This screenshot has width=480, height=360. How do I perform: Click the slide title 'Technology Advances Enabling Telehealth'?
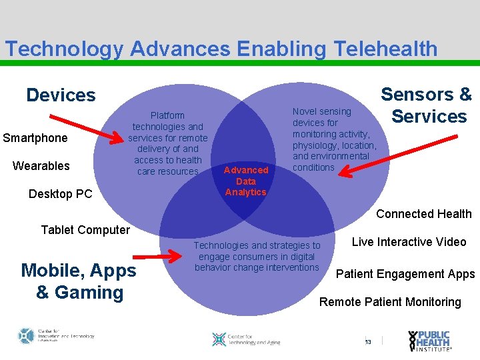(221, 49)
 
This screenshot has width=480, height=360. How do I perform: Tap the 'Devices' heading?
(61, 95)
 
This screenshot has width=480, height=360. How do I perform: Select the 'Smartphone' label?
(35, 138)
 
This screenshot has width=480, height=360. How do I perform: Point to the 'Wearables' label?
(41, 165)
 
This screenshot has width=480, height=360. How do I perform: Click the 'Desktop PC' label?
(60, 194)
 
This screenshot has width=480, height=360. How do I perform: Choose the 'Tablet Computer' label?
(85, 230)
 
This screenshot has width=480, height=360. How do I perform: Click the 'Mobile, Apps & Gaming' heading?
(79, 281)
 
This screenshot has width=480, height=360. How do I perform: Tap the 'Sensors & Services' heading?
(427, 105)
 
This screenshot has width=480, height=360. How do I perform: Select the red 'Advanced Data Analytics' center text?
(246, 181)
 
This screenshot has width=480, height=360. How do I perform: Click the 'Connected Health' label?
(423, 214)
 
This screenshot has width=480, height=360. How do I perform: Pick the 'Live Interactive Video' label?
(409, 242)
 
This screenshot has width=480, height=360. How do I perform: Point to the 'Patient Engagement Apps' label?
(405, 274)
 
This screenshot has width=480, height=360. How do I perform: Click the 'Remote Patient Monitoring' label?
(390, 302)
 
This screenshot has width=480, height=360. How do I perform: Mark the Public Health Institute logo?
(430, 341)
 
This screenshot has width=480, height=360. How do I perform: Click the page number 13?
(368, 343)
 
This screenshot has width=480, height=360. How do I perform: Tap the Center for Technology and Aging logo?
(245, 339)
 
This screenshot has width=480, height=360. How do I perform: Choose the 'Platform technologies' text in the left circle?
(167, 143)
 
